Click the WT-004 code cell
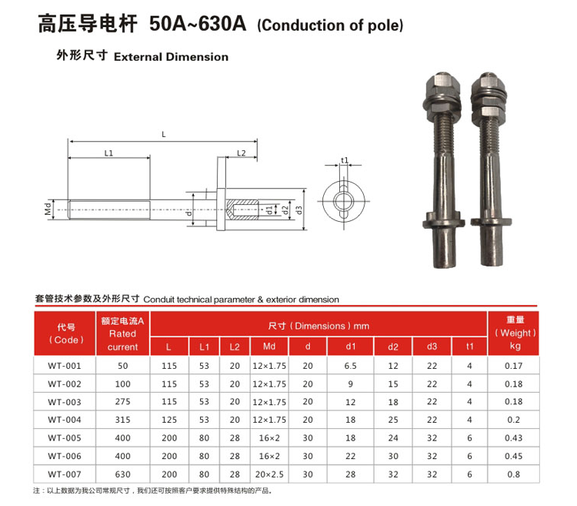[65, 420]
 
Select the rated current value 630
[122, 474]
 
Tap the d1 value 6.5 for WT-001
[350, 366]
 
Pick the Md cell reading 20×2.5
[269, 474]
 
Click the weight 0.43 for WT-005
[514, 438]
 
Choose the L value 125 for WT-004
[169, 420]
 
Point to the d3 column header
[432, 347]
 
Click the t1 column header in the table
[469, 347]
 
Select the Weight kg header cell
[515, 333]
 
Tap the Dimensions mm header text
[319, 326]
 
